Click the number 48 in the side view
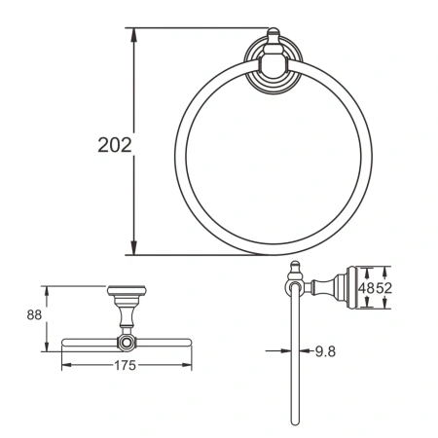point(365,288)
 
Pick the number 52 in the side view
point(383,288)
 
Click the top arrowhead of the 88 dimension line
point(47,290)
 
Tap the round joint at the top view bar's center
point(126,343)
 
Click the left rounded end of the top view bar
point(64,343)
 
